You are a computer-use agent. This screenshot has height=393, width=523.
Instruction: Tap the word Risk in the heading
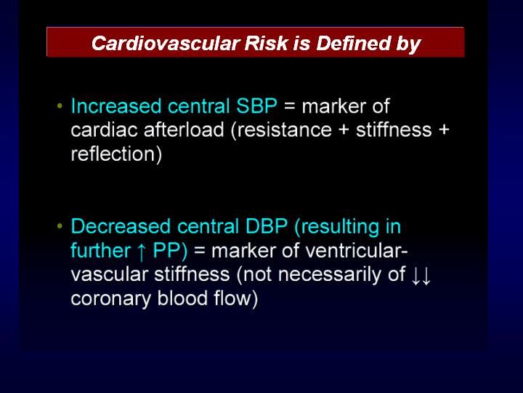266,43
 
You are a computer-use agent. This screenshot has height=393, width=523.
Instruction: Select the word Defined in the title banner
353,43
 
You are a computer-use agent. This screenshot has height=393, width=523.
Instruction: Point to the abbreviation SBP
256,106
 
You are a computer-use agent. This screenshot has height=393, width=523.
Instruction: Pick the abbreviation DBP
266,226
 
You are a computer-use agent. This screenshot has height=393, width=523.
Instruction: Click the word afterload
184,130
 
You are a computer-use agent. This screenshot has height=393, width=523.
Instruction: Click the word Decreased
121,226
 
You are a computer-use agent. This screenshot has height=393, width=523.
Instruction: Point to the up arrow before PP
142,251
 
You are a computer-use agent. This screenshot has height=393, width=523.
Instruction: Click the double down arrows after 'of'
421,275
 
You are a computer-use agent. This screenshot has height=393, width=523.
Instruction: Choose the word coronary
110,299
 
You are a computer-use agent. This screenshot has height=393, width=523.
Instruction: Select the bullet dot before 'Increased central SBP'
60,106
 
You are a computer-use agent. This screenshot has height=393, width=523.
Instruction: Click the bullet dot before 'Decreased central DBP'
60,226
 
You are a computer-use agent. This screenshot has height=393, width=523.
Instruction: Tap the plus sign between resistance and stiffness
344,130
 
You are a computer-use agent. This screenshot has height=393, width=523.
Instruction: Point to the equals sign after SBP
290,107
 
